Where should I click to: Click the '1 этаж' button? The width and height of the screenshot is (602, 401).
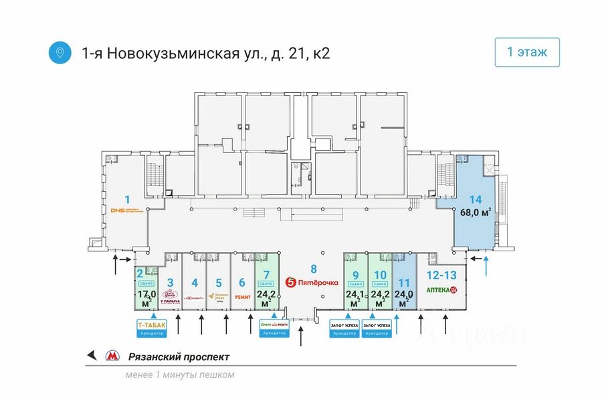pos(527,53)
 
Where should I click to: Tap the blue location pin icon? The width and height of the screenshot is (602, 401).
pos(60,53)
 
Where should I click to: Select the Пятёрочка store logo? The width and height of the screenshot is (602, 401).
pos(312,283)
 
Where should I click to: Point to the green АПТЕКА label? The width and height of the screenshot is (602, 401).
pos(441,291)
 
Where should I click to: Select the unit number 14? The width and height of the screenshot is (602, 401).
pos(475,199)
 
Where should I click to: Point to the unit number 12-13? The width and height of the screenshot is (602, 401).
pos(441,274)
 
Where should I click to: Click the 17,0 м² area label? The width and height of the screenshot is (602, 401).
pos(146,299)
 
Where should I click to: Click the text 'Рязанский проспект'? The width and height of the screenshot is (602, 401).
pos(178,357)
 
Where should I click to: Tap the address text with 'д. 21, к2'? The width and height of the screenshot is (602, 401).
pos(206,53)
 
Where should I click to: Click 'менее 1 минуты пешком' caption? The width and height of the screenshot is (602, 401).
pos(179,375)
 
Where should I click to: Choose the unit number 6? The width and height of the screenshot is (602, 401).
pos(242,282)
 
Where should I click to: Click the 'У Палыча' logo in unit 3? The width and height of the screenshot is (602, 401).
pos(171,297)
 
